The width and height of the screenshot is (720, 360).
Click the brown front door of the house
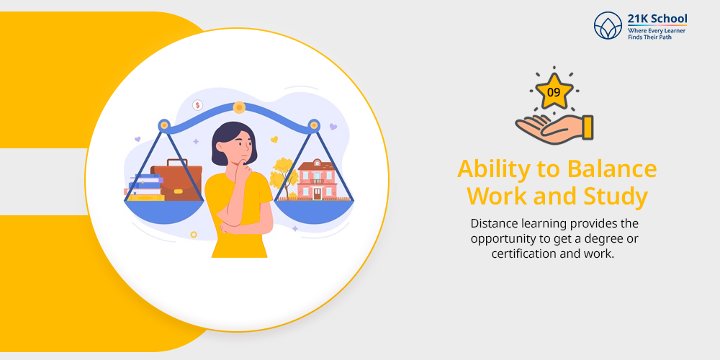tap(318, 193)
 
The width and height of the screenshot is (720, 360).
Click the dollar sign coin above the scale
tap(198, 105)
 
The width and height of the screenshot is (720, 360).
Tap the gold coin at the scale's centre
tap(239, 108)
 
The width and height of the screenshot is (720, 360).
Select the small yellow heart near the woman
tap(274, 139)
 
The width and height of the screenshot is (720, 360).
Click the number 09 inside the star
tap(554, 92)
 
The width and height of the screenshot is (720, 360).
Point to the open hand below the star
tap(554, 129)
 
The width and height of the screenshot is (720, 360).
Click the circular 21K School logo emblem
tap(608, 25)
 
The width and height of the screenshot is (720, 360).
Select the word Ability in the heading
tap(498, 169)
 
